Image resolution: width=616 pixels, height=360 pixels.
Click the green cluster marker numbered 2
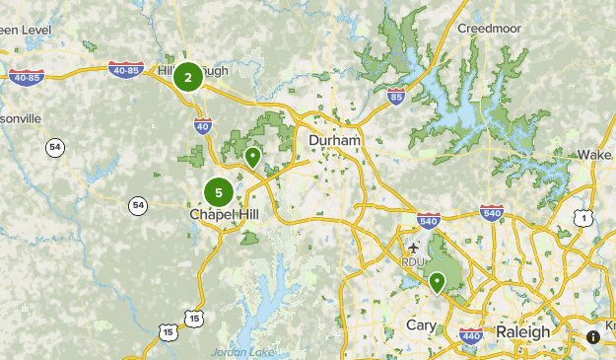187,77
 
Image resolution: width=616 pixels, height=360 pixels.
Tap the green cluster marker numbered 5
219,192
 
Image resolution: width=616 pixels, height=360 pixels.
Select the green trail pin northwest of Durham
253,157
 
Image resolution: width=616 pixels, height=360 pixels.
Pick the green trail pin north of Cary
436,283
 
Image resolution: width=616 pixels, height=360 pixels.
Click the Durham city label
334,141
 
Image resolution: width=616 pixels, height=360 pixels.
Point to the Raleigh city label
523,331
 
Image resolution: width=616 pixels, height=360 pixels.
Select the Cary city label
421,325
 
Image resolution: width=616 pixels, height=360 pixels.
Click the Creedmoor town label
490,29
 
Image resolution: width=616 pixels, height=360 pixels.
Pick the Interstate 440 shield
469,338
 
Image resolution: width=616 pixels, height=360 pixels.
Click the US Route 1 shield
585,217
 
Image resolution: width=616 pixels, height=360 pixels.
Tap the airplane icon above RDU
412,246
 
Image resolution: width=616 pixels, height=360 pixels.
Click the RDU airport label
412,261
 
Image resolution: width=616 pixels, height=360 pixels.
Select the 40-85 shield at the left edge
26,76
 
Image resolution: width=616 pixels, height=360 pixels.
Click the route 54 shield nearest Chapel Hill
137,205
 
